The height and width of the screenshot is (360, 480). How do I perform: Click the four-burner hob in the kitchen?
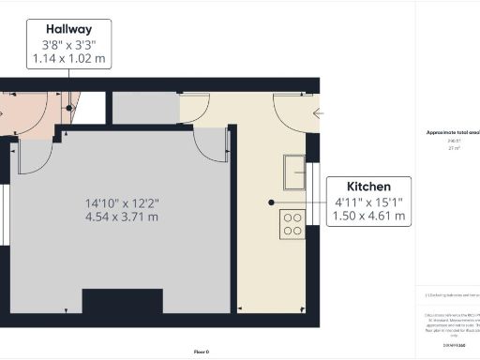[292, 225]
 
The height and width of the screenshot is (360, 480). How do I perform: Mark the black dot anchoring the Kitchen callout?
[271, 202]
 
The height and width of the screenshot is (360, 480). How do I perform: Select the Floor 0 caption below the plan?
[201, 352]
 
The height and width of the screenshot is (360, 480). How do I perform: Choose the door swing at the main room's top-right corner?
[211, 146]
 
